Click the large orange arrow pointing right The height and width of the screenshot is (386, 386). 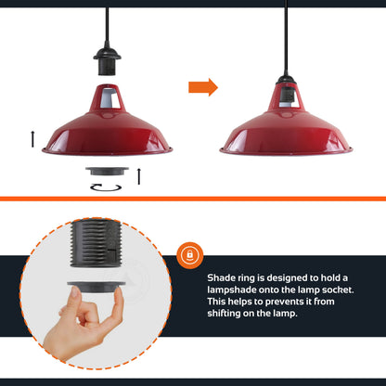(202, 87)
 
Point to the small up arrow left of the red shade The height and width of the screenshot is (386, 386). (34, 138)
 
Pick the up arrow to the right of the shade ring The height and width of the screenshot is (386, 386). (138, 175)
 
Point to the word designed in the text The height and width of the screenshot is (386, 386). (281, 277)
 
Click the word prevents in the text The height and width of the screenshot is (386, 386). (278, 302)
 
